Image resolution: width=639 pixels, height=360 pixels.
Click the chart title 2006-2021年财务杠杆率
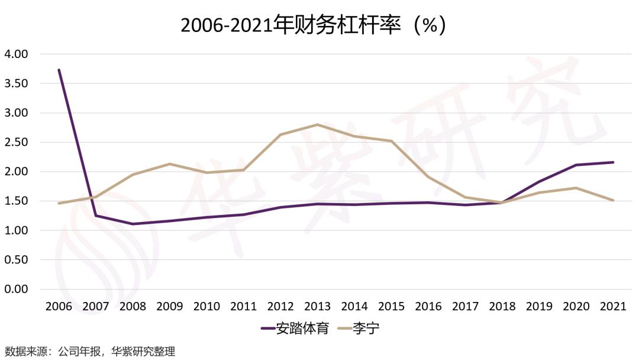pos(313,25)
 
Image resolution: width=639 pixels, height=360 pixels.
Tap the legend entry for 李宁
pos(357,327)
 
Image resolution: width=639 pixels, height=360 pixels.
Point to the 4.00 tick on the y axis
pos(16,54)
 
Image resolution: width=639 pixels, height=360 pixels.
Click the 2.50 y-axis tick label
pos(16,142)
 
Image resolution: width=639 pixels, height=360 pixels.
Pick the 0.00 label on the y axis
pos(16,289)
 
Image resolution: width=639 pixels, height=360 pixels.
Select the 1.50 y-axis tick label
pos(16,201)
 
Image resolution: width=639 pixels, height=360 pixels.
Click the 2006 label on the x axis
pos(59,307)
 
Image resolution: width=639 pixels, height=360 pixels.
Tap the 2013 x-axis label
pos(317,307)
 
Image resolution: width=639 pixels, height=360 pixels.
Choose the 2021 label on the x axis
pos(613,307)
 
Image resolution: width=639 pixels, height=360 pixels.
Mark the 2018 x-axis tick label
pos(502,307)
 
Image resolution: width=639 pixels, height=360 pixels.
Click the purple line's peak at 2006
pos(59,70)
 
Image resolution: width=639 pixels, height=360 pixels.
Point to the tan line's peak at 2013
pos(317,124)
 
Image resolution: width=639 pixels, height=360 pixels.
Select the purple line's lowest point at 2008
pos(133,224)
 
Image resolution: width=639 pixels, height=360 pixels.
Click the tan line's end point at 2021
pos(613,200)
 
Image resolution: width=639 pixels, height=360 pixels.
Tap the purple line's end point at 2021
pos(613,162)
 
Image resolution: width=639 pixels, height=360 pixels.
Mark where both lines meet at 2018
pos(502,202)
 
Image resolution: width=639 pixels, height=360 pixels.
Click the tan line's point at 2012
pos(280,134)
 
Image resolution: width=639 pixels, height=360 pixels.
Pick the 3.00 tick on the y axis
pos(16,112)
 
